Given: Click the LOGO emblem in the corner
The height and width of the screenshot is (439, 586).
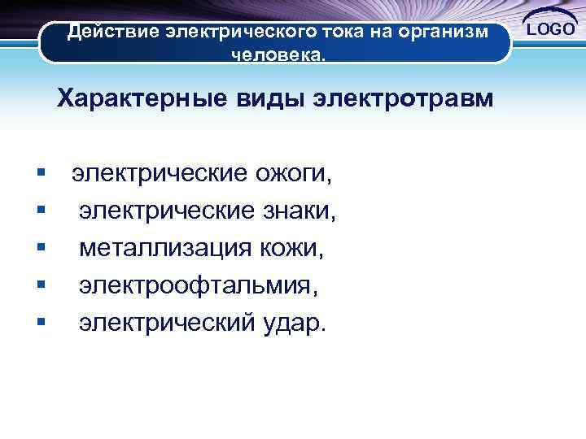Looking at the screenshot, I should coord(550,30).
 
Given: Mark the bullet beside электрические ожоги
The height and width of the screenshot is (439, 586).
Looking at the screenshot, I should coord(40,173).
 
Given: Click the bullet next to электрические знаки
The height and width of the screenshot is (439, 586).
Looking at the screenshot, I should coord(40,211).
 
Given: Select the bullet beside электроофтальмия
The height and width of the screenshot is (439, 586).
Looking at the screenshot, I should coord(40,285).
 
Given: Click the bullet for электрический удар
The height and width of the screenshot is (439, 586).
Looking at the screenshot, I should coord(40,323).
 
